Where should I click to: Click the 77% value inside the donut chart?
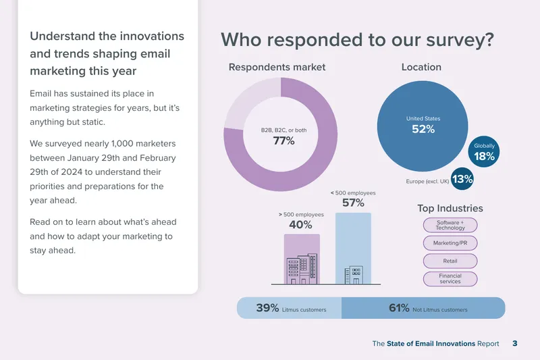[283, 140]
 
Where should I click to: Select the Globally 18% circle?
[483, 151]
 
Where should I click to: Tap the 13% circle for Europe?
[462, 179]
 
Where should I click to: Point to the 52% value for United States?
[423, 129]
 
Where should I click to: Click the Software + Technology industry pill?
[450, 225]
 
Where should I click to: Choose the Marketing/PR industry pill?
[450, 243]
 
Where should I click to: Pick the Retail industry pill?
[450, 261]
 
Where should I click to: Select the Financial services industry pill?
[450, 279]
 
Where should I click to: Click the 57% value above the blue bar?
[353, 203]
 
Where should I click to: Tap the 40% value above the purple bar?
[300, 225]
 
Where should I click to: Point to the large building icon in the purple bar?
[302, 269]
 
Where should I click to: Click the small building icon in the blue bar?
[354, 275]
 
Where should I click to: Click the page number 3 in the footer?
[515, 344]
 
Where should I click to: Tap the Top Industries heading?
[450, 208]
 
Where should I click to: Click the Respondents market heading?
[277, 67]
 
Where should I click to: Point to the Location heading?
[421, 67]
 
